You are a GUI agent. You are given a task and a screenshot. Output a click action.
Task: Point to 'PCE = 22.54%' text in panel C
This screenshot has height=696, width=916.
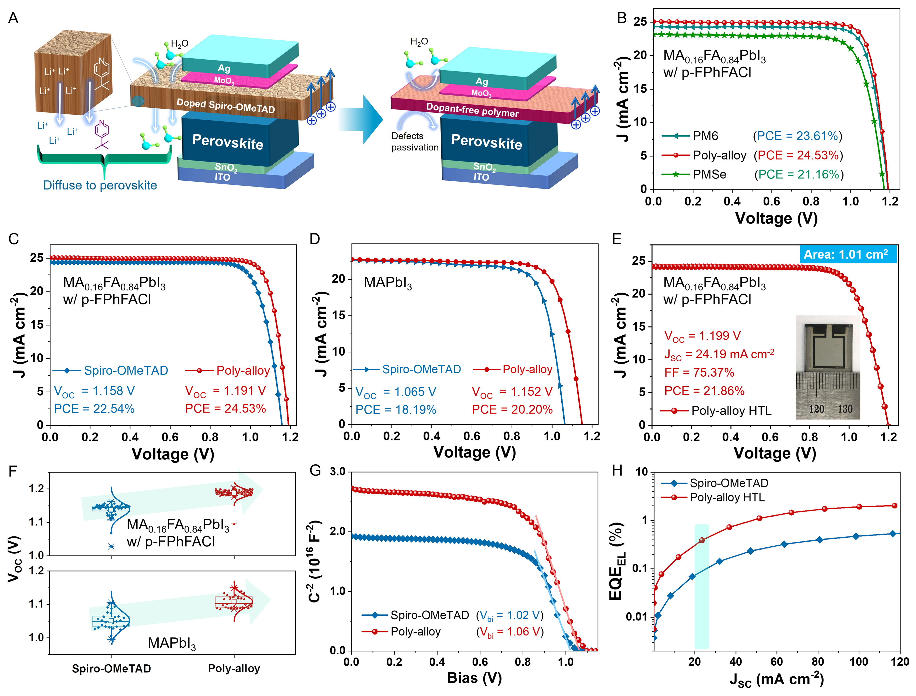click(x=94, y=409)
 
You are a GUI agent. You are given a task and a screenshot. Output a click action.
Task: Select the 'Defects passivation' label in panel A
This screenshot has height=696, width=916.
click(x=414, y=142)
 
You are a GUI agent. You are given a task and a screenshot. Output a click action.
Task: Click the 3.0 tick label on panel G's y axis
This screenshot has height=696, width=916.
click(x=338, y=472)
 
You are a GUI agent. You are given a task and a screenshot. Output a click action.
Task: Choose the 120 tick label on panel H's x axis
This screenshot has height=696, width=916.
click(x=899, y=662)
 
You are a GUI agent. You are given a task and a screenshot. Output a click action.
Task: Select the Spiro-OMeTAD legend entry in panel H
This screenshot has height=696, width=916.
click(x=728, y=483)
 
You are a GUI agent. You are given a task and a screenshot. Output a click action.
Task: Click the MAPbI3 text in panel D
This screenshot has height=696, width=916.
click(x=387, y=283)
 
